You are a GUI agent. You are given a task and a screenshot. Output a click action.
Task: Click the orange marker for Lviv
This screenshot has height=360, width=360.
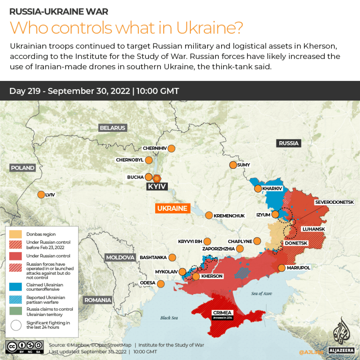point(41,194)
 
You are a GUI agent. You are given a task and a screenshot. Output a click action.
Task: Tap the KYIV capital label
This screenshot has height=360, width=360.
point(157,186)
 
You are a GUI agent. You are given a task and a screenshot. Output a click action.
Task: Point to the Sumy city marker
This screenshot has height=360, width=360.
point(233,165)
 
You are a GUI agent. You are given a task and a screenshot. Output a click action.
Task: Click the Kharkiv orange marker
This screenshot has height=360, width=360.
point(258,188)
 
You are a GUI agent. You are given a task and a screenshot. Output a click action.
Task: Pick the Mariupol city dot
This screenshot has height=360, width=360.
point(281,267)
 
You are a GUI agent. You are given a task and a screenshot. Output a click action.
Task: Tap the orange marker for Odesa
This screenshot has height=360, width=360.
point(161,283)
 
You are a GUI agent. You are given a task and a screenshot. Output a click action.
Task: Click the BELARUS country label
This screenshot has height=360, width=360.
point(112,128)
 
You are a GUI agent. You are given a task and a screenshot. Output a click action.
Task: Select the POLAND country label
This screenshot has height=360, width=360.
point(22,168)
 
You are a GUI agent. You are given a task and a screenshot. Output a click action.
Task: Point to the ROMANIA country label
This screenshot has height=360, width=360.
point(97,300)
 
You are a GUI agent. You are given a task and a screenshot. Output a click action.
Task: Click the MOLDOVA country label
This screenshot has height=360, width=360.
point(120,258)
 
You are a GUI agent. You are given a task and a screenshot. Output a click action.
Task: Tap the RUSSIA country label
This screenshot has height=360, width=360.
point(288,143)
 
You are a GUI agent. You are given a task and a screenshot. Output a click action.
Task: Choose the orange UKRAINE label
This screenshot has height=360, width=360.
point(173,208)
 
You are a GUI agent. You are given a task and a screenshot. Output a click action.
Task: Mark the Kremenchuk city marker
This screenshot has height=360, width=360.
point(209,215)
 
